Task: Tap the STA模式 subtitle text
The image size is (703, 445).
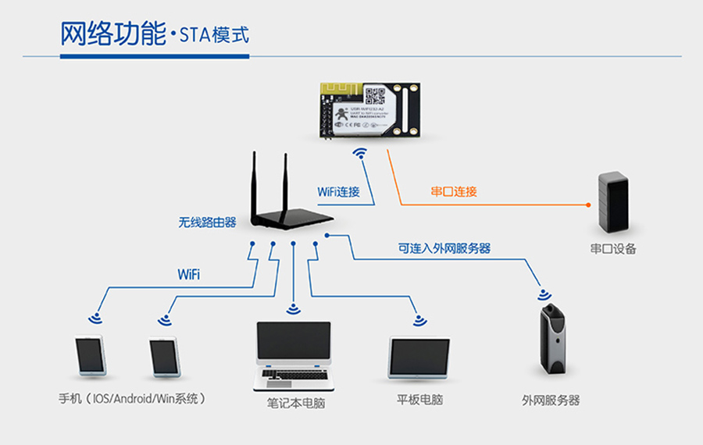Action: pos(213,36)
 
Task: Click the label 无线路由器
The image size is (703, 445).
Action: pos(207,222)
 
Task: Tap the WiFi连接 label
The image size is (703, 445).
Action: pos(338,191)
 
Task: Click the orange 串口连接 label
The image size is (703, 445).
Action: pos(454,191)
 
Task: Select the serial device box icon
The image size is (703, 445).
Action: pos(613,201)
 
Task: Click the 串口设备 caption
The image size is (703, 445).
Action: pos(613,249)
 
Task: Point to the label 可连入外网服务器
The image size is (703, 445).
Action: pos(444,249)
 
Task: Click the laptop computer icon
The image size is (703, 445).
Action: pos(293,355)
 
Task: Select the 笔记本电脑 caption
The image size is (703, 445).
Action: pos(293,404)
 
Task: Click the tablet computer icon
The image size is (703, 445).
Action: pos(419,358)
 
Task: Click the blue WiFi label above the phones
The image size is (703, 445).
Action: pos(188,274)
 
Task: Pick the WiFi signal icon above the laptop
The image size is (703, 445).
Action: pos(293,308)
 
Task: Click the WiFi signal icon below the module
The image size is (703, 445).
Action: pos(360,153)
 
